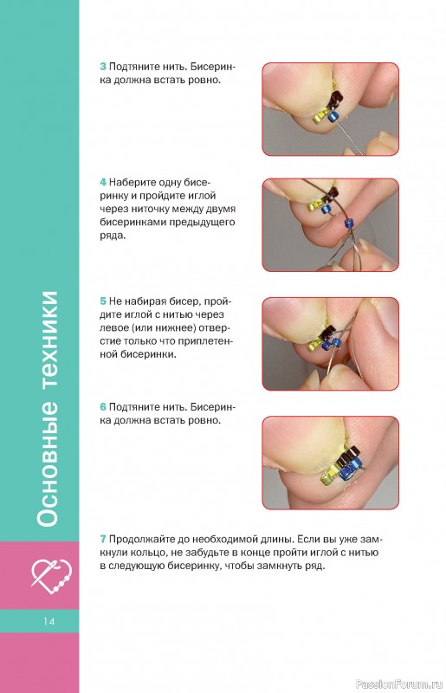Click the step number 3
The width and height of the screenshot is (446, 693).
pyautogui.click(x=102, y=67)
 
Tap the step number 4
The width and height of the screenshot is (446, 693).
pyautogui.click(x=103, y=182)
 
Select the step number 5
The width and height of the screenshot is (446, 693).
pyautogui.click(x=102, y=301)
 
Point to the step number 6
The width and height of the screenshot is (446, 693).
pyautogui.click(x=103, y=406)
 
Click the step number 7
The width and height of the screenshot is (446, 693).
pyautogui.click(x=102, y=539)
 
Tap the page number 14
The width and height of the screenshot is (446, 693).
pyautogui.click(x=49, y=621)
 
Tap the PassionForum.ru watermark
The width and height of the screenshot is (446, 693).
pyautogui.click(x=399, y=683)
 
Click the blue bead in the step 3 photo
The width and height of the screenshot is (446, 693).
pyautogui.click(x=333, y=117)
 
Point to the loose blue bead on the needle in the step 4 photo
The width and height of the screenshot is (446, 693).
pyautogui.click(x=349, y=222)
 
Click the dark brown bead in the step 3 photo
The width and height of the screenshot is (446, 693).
pyautogui.click(x=338, y=99)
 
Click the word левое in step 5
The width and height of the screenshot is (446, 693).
pyautogui.click(x=113, y=328)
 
